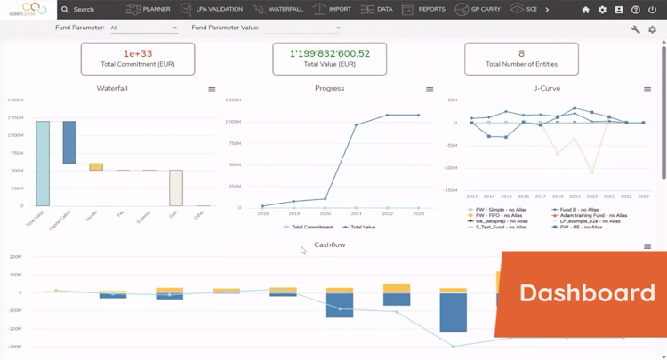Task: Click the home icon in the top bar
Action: (x=585, y=10)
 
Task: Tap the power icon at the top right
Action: (x=653, y=10)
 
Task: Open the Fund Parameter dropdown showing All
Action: (x=143, y=28)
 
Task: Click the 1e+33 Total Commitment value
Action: (x=137, y=53)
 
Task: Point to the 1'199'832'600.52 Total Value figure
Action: (x=329, y=53)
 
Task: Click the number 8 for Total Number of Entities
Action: (x=521, y=53)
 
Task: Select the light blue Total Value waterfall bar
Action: (x=42, y=164)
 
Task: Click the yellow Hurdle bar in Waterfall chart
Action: (x=96, y=167)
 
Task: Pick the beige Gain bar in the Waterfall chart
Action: (x=176, y=188)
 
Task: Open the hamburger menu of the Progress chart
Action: (x=430, y=90)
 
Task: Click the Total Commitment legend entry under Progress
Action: (x=309, y=228)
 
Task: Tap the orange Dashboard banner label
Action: (x=587, y=292)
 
